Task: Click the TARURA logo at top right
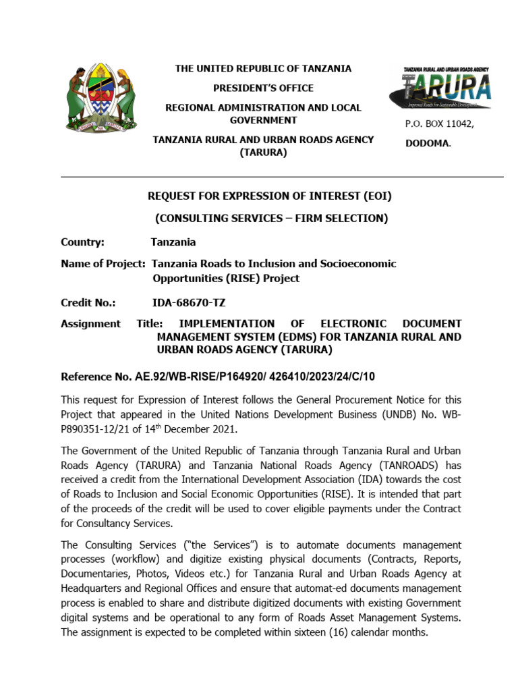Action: click(439, 88)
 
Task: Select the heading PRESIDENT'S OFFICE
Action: click(263, 88)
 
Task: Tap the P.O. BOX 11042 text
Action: click(439, 124)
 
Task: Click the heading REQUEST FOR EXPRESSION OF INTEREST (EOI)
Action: click(269, 196)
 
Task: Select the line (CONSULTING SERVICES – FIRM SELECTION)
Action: click(271, 218)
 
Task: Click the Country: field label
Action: click(82, 242)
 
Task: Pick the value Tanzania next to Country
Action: click(173, 242)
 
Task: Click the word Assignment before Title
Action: click(90, 324)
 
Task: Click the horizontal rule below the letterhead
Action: click(282, 177)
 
